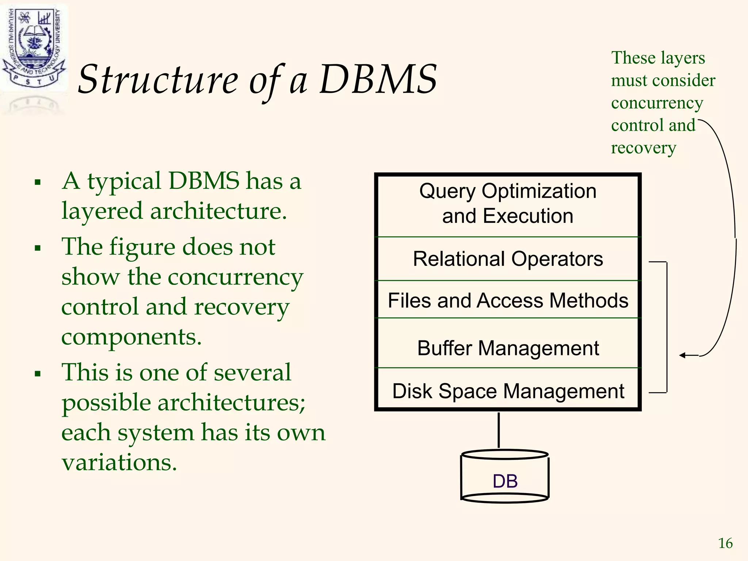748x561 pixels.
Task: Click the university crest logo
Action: click(x=34, y=47)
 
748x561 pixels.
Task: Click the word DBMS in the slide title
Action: click(x=378, y=80)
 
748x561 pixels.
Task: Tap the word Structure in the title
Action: click(x=158, y=80)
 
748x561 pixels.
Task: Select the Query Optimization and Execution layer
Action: click(x=508, y=204)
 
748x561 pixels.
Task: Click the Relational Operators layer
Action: click(x=508, y=259)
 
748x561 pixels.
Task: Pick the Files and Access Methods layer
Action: click(x=508, y=300)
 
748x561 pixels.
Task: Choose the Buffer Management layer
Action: click(x=508, y=348)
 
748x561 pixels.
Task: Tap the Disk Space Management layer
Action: click(x=508, y=391)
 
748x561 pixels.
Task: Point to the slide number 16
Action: click(x=725, y=543)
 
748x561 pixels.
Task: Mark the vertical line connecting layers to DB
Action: click(x=499, y=430)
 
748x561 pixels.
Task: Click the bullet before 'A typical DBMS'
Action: click(x=38, y=182)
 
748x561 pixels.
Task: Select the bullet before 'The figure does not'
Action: click(x=38, y=248)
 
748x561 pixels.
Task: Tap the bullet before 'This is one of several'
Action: click(x=38, y=374)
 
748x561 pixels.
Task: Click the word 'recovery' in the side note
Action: click(x=644, y=148)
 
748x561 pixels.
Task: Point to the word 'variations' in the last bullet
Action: click(x=119, y=462)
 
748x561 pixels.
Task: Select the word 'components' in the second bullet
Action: click(x=131, y=337)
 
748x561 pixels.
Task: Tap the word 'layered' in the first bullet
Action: click(x=102, y=211)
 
